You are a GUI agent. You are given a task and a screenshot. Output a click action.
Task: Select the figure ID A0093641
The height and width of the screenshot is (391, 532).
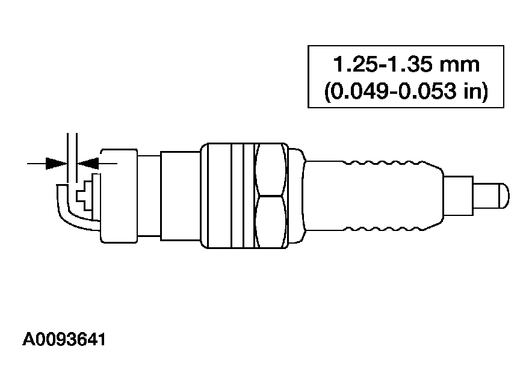pos(64,340)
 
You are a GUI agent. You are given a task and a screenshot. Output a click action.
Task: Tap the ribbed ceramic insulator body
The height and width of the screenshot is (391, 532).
pos(373,195)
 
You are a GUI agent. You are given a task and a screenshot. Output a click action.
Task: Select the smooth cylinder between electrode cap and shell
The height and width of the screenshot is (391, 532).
pos(180,195)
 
